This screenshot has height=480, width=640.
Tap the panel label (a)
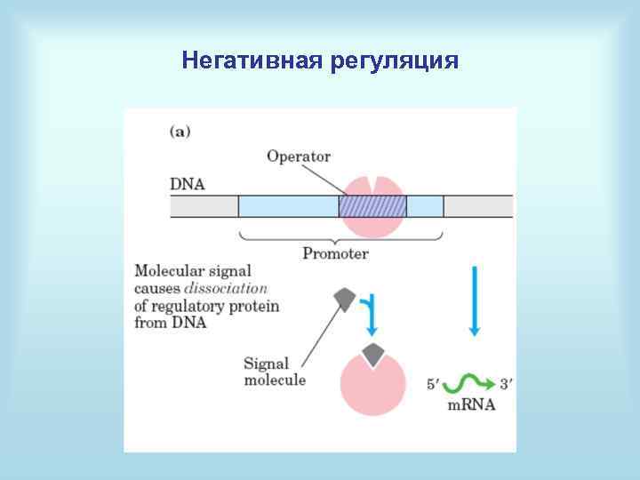click(x=180, y=132)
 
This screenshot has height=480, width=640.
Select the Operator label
click(x=298, y=156)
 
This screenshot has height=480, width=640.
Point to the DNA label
click(x=187, y=185)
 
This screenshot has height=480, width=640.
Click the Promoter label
click(x=335, y=253)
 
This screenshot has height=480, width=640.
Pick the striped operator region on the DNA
click(x=372, y=206)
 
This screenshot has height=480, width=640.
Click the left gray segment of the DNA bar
click(x=204, y=206)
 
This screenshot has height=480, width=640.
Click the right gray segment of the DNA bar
click(x=477, y=206)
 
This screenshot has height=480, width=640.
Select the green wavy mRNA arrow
click(x=469, y=384)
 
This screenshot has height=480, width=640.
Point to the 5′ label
click(x=434, y=386)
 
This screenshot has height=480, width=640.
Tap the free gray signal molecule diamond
click(x=343, y=300)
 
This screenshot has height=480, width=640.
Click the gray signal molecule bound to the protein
click(x=374, y=355)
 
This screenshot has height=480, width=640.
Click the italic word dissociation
click(x=226, y=289)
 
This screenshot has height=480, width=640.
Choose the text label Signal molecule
click(x=274, y=372)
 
